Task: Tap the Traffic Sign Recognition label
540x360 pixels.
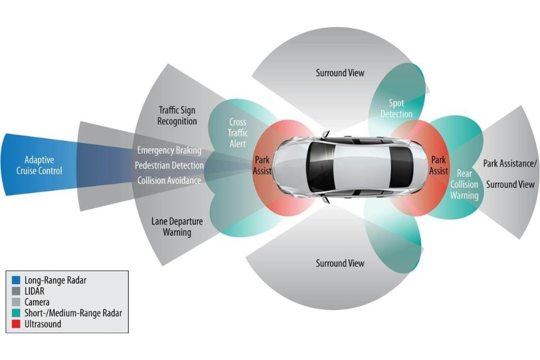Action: (178, 115)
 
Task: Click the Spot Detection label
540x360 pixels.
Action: (396, 108)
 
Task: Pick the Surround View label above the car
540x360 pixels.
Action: (340, 73)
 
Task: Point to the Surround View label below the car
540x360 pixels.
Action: (340, 263)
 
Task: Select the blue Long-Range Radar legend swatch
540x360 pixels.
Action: (16, 279)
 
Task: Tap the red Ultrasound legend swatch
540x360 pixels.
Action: (16, 324)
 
